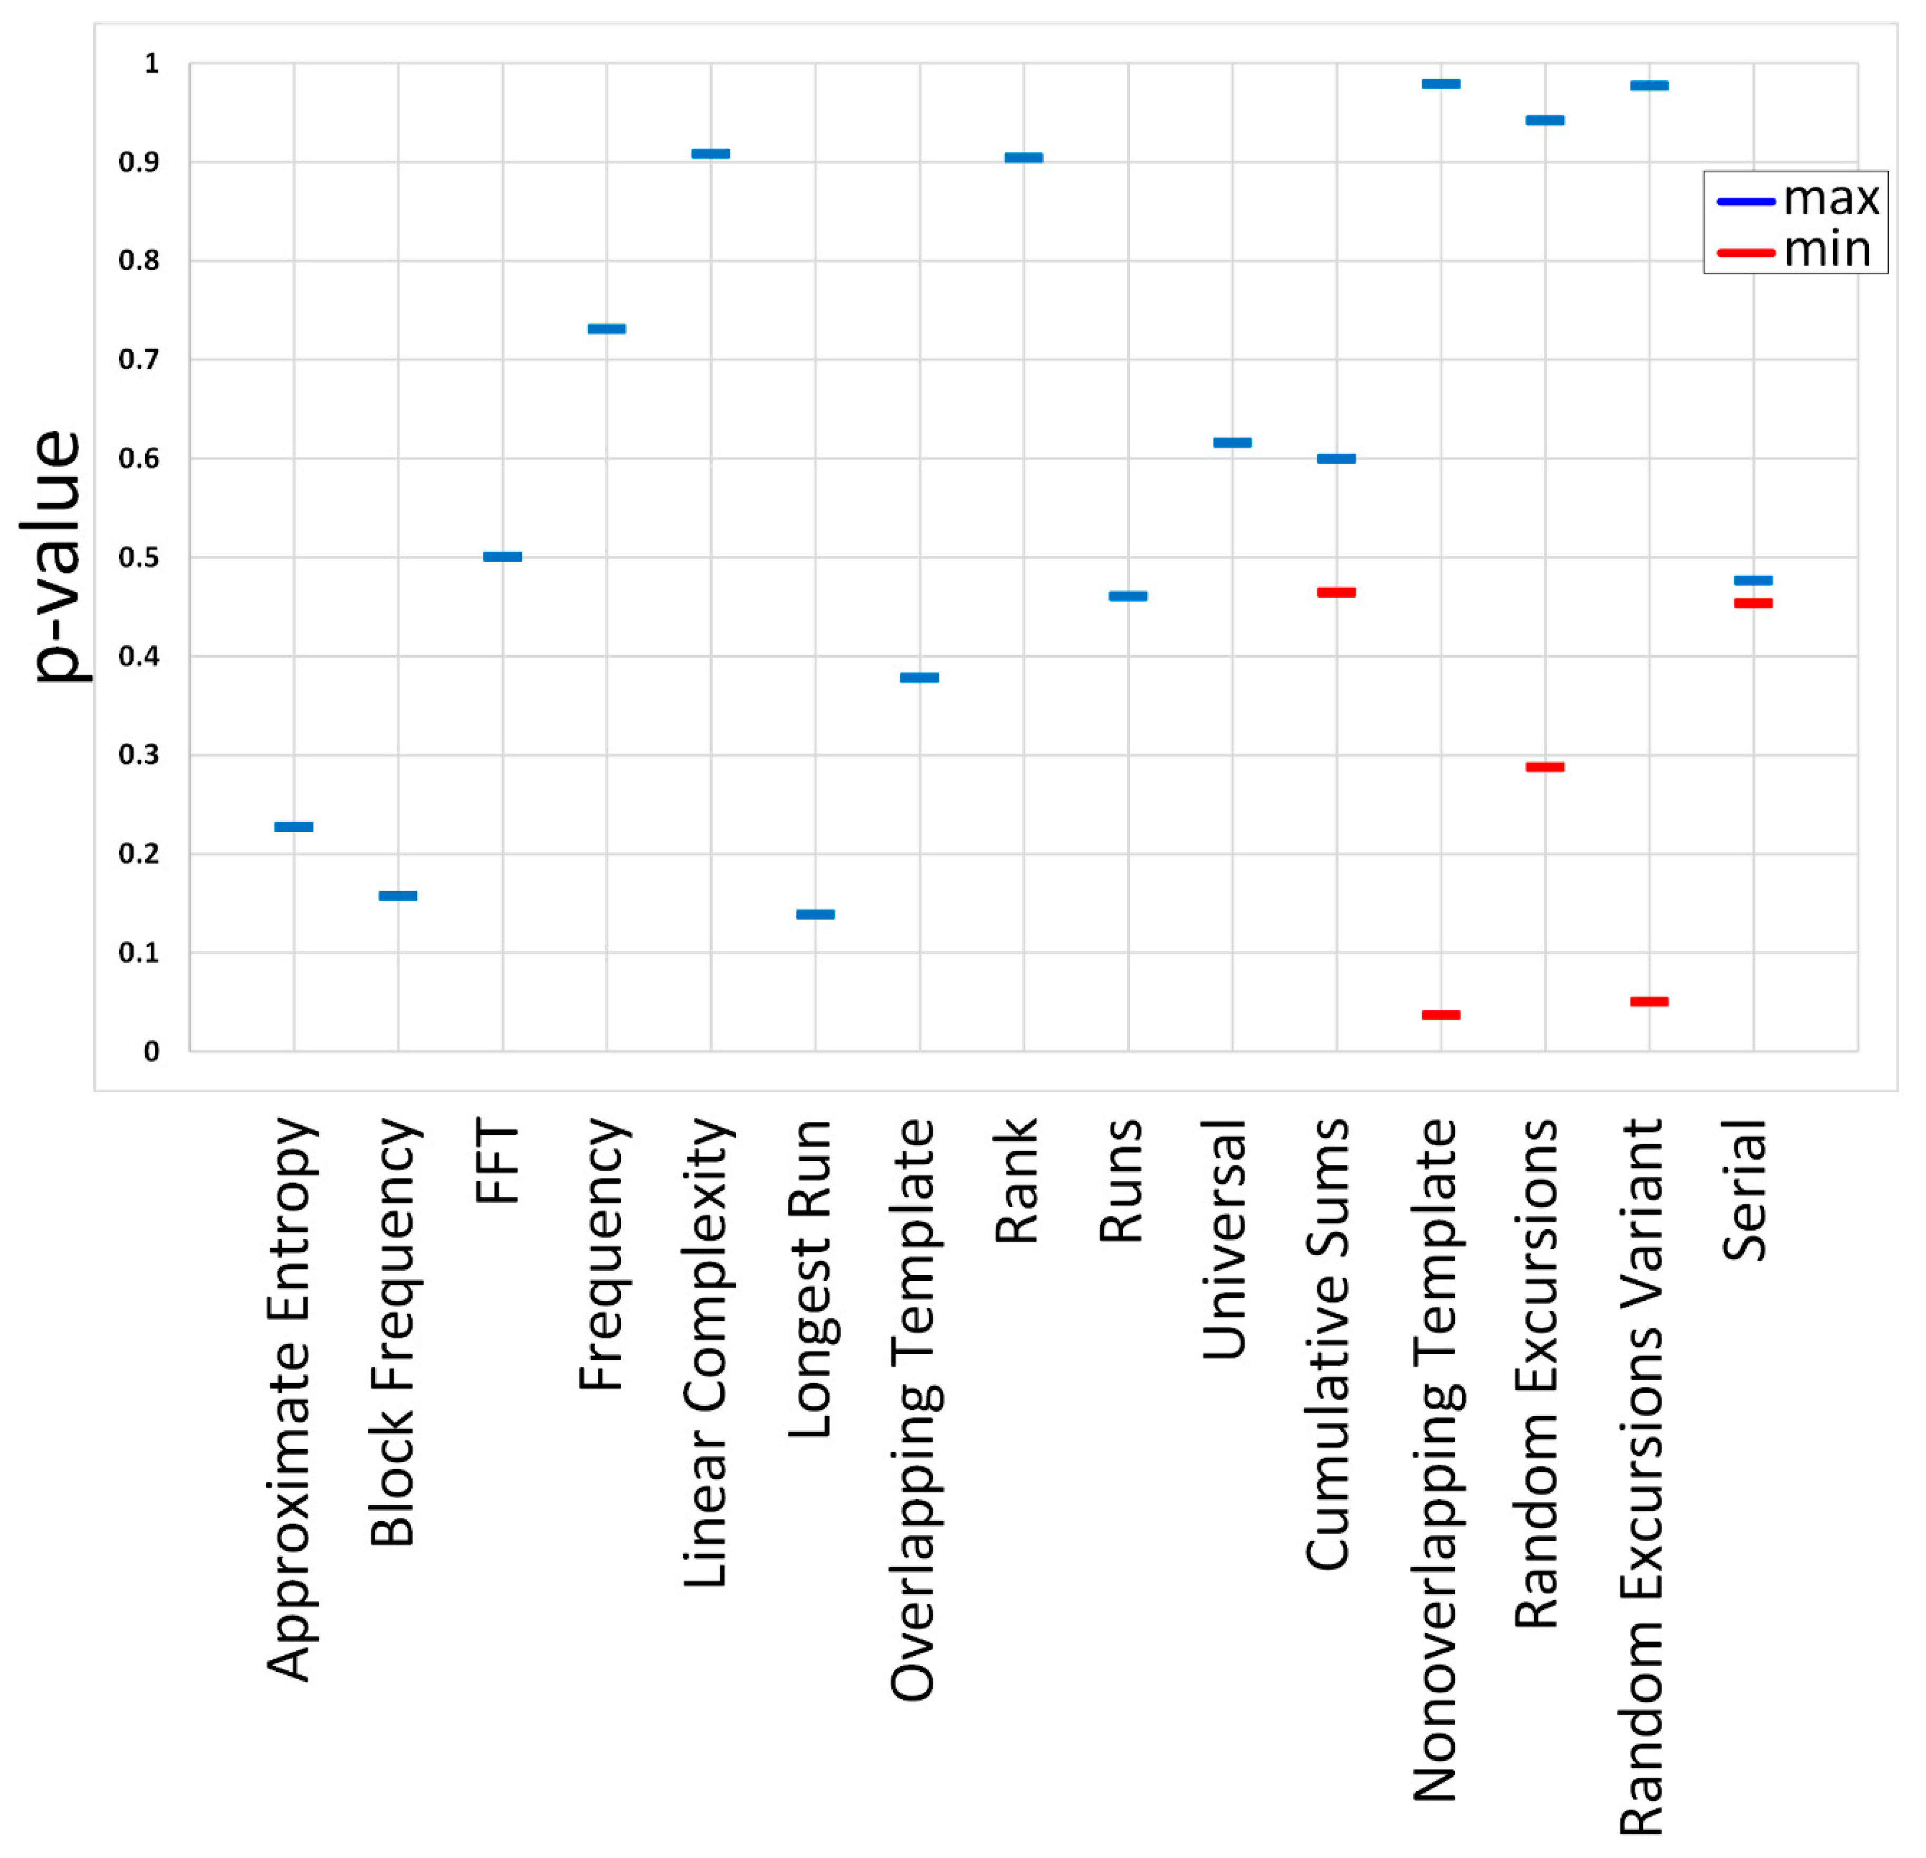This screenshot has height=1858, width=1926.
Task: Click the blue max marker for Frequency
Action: pyautogui.click(x=606, y=329)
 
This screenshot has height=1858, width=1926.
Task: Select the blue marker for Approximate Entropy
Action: pyautogui.click(x=294, y=826)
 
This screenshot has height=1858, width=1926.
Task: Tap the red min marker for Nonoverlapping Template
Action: pyautogui.click(x=1441, y=1015)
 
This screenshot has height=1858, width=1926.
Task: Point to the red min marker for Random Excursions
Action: pyautogui.click(x=1544, y=767)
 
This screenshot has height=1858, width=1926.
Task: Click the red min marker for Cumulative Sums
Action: pyautogui.click(x=1337, y=592)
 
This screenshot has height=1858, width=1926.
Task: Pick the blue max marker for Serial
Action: pyautogui.click(x=1753, y=581)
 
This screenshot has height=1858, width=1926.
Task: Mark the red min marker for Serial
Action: pyautogui.click(x=1753, y=604)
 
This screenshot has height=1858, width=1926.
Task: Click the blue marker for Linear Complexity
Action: pyautogui.click(x=710, y=154)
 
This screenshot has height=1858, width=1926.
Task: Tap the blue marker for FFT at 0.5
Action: pyautogui.click(x=502, y=557)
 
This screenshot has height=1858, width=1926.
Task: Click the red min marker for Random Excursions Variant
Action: pyautogui.click(x=1649, y=1001)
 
